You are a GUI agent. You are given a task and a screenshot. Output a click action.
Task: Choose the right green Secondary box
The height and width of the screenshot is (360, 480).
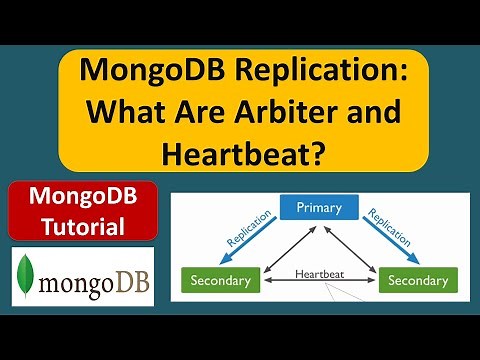coord(419,280)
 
